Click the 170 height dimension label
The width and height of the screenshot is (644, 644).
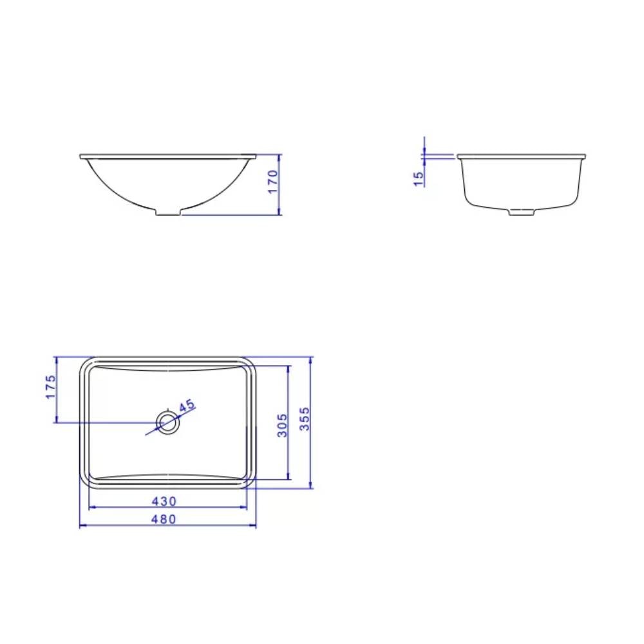272,182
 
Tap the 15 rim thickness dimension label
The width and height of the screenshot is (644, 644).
419,178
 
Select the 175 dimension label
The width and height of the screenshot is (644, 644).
51,386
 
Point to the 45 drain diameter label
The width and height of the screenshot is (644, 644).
187,406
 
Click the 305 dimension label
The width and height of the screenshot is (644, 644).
281,425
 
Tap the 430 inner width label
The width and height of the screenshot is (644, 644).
164,500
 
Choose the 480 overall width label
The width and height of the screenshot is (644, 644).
164,519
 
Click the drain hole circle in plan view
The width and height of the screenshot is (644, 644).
168,422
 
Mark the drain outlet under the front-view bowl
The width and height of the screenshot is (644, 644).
168,212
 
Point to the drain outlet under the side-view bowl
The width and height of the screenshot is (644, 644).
522,211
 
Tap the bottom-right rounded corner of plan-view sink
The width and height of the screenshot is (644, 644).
252,483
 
